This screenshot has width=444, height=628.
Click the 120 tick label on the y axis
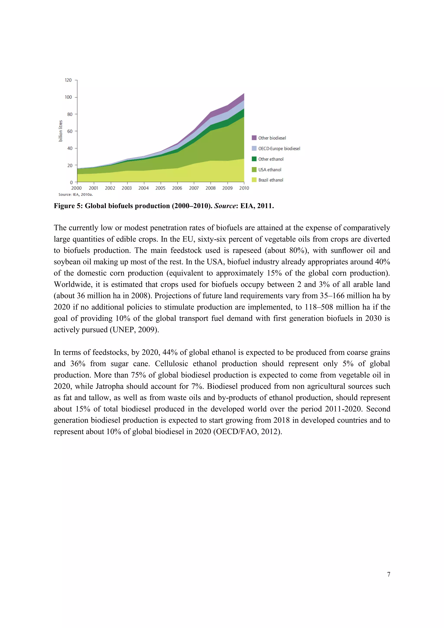[68, 80]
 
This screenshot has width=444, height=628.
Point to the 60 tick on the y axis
[70, 131]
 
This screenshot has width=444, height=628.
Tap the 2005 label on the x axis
[160, 188]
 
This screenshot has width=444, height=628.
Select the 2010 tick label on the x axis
[244, 188]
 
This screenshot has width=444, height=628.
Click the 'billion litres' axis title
[61, 131]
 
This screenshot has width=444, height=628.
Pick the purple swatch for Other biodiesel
[254, 138]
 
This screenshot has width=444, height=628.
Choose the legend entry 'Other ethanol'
[271, 159]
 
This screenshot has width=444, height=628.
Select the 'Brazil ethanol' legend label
[271, 180]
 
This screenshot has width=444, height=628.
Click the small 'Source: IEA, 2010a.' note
[75, 195]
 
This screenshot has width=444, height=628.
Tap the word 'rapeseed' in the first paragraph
[244, 250]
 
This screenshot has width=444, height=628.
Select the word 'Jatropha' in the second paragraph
[109, 386]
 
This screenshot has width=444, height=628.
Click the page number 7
[388, 574]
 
